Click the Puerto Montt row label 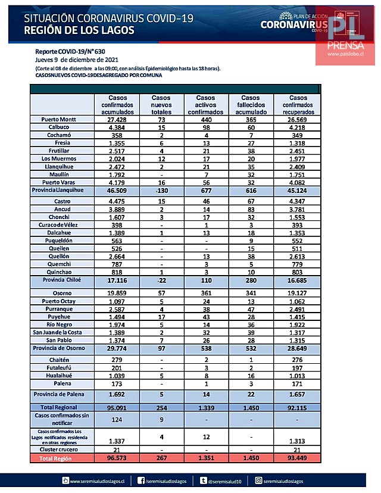pyautogui.click(x=62, y=119)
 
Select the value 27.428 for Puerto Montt pyautogui.click(x=117, y=119)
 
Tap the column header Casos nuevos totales pyautogui.click(x=161, y=104)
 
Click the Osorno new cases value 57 pyautogui.click(x=161, y=293)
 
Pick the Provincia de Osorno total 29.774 pyautogui.click(x=117, y=347)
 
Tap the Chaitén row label pyautogui.click(x=62, y=360)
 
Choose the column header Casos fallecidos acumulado pyautogui.click(x=251, y=104)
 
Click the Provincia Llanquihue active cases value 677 pyautogui.click(x=205, y=190)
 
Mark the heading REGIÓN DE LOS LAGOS pyautogui.click(x=80, y=31)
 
